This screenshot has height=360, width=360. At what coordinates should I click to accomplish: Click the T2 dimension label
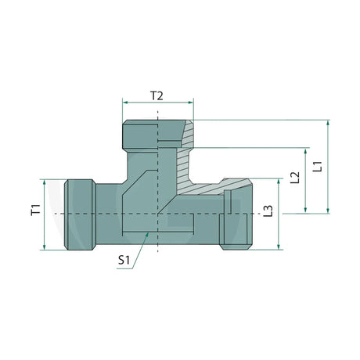(157, 96)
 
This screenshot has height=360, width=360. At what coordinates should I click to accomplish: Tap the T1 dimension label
(36, 210)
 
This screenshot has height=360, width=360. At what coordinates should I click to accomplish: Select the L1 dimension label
(318, 167)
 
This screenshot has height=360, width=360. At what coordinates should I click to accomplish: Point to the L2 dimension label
(295, 178)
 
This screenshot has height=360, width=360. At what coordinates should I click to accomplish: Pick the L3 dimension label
(268, 211)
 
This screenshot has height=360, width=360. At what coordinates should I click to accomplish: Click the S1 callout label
(124, 260)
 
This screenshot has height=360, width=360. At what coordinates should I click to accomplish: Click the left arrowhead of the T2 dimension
(125, 103)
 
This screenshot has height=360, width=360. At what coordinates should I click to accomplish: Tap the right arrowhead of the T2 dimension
(191, 103)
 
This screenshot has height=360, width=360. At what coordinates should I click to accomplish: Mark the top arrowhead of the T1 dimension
(45, 182)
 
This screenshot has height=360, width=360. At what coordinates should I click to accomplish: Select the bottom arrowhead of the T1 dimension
(45, 247)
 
